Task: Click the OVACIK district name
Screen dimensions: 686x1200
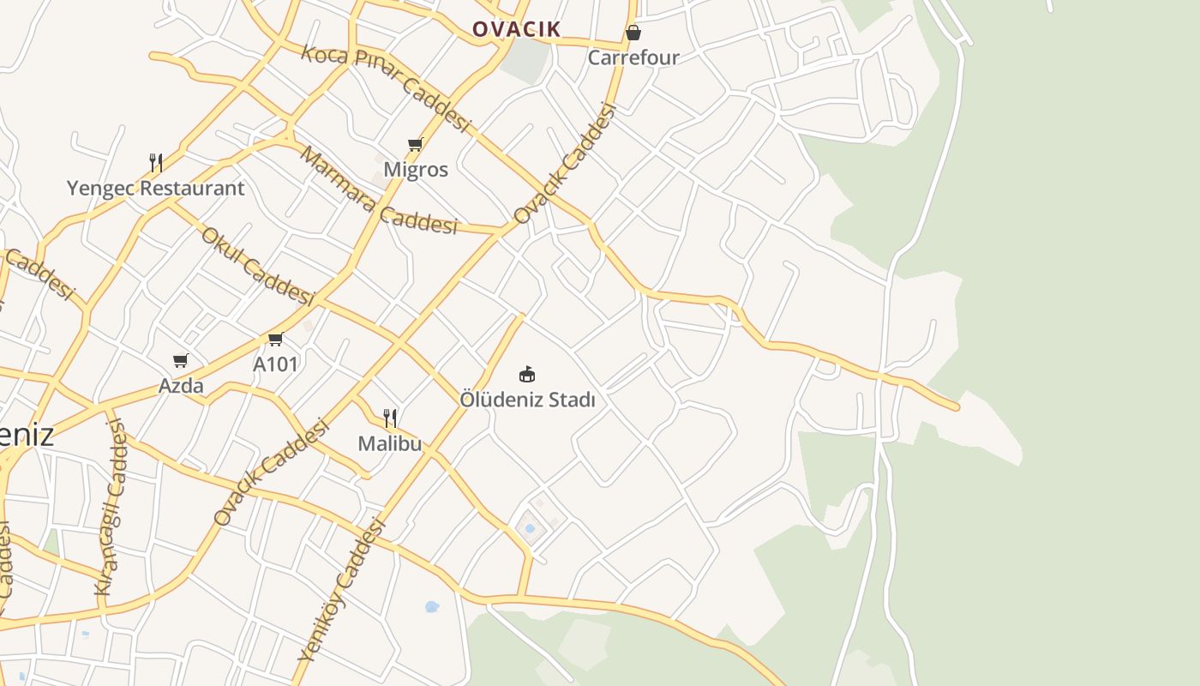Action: click(x=517, y=29)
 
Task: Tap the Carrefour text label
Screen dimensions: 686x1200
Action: click(x=633, y=57)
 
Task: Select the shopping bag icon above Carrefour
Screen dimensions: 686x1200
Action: click(x=633, y=33)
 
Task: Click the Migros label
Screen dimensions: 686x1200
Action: click(x=416, y=169)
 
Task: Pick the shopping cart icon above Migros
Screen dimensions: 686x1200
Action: click(x=416, y=144)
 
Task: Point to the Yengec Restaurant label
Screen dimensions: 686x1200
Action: click(x=156, y=188)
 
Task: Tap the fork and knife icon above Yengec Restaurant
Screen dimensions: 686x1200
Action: click(x=156, y=163)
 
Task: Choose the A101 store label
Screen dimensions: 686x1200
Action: click(x=275, y=364)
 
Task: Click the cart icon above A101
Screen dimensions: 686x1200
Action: click(x=275, y=339)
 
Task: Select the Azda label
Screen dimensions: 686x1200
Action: click(x=181, y=385)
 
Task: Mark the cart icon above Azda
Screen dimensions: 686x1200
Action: click(x=180, y=360)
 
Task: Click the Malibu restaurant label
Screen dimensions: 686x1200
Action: click(x=390, y=443)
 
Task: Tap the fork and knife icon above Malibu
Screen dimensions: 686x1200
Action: click(x=390, y=418)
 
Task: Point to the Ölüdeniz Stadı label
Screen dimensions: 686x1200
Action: click(x=527, y=400)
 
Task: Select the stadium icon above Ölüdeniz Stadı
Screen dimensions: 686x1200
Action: click(x=527, y=375)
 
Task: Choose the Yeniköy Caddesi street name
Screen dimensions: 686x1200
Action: click(x=341, y=590)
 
